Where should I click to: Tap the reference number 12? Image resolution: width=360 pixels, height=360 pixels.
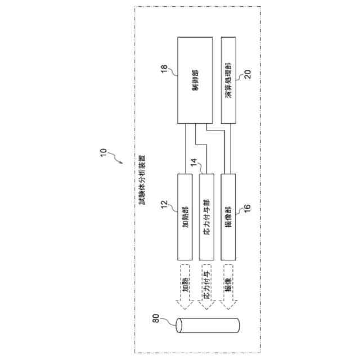pyautogui.click(x=164, y=206)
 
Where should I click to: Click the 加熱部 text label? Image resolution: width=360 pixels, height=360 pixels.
pyautogui.click(x=184, y=217)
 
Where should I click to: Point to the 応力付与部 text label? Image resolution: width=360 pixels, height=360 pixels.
pyautogui.click(x=206, y=217)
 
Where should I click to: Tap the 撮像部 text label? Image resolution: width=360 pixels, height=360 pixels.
pyautogui.click(x=229, y=217)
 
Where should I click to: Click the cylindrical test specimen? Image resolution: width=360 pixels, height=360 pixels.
pyautogui.click(x=207, y=327)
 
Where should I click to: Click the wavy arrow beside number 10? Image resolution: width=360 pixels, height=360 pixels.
pyautogui.click(x=116, y=158)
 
